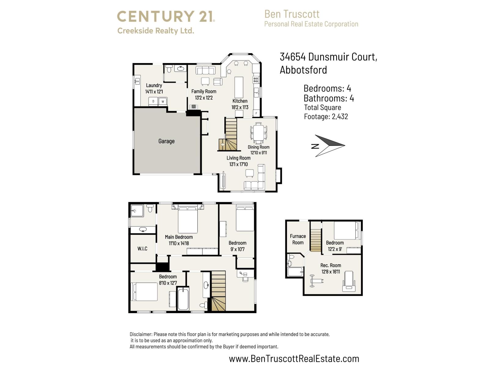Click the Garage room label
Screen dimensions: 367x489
[166, 141]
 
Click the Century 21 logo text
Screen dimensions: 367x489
[166, 16]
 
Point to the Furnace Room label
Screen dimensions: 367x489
[298, 239]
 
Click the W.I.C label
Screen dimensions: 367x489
[142, 249]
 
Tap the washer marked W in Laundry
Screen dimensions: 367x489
[163, 101]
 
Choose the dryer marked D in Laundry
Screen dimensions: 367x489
[153, 101]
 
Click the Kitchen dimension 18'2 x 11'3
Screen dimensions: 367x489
[240, 107]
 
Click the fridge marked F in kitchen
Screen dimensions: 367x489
[256, 113]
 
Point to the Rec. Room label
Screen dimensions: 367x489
[331, 265]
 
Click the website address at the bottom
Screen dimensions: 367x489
[294, 358]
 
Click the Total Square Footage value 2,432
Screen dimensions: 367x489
[340, 117]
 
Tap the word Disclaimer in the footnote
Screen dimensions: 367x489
[141, 334]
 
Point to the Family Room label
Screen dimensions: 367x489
[204, 91]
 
